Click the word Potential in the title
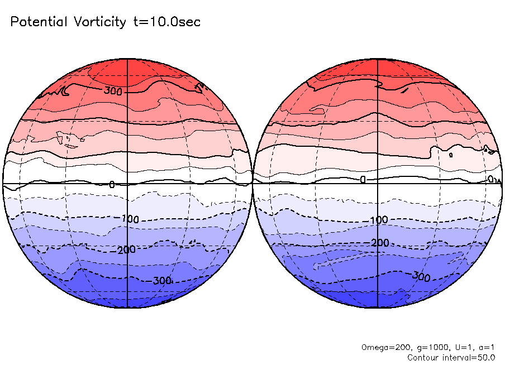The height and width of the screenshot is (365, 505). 38,22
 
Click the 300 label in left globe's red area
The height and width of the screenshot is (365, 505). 113,90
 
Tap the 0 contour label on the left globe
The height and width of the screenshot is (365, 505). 112,184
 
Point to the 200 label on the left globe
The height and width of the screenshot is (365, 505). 127,249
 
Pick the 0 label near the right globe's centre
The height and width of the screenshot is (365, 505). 363,180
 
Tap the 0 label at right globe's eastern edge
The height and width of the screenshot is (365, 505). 490,179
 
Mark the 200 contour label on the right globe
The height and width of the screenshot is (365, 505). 380,243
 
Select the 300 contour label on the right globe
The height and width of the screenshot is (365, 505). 422,276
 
